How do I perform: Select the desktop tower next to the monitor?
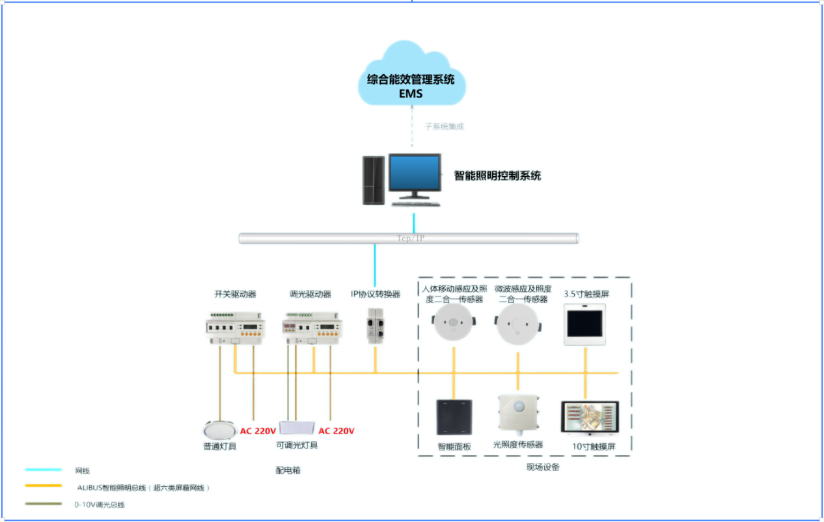point(374,181)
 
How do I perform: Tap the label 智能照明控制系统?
point(497,176)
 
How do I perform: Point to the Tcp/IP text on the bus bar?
point(411,239)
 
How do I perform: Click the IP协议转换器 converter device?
point(376,325)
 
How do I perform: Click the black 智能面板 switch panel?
point(454,417)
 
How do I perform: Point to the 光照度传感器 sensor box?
point(519,413)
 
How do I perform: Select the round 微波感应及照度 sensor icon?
point(517,324)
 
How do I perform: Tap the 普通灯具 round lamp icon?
point(219,430)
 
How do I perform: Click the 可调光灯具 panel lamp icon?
point(297,428)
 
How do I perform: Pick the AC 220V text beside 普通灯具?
point(258,430)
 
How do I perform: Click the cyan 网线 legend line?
point(38,470)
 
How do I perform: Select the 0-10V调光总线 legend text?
point(100,504)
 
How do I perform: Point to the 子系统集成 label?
point(445,126)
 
